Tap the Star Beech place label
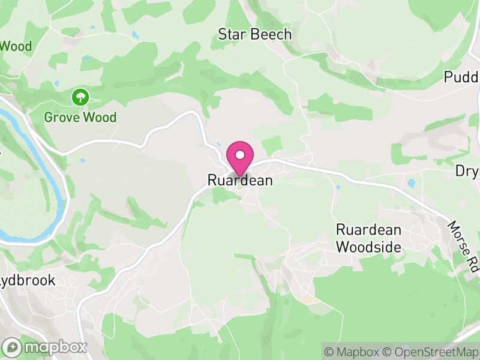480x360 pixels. click(255, 35)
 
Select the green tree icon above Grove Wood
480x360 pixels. click(80, 96)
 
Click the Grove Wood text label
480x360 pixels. click(80, 117)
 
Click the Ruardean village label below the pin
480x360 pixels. click(239, 180)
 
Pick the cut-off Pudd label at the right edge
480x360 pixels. click(461, 77)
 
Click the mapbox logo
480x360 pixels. click(45, 347)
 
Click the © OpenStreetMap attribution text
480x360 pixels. click(431, 352)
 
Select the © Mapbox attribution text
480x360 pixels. click(352, 352)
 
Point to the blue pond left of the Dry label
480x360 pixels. click(411, 183)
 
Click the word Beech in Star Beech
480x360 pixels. click(271, 35)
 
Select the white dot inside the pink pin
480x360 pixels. click(239, 154)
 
